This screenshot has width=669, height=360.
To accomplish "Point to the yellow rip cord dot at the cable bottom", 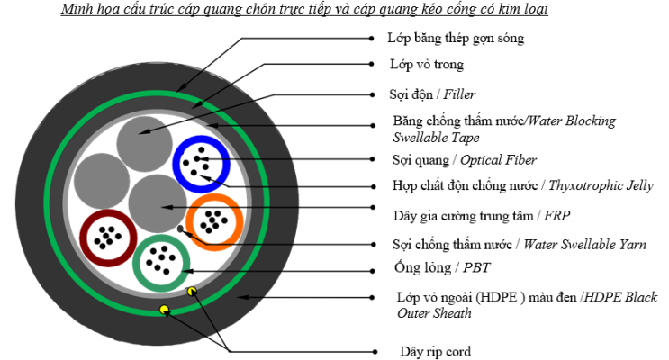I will pyautogui.click(x=165, y=311).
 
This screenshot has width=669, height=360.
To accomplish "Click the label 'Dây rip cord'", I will pyautogui.click(x=435, y=351).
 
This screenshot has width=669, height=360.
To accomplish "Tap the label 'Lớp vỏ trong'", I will pyautogui.click(x=426, y=65).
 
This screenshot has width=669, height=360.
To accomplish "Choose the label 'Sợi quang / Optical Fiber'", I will pyautogui.click(x=464, y=160).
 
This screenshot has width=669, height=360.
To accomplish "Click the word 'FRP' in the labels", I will pyautogui.click(x=558, y=215).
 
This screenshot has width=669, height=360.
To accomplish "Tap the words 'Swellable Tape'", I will pyautogui.click(x=436, y=138).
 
